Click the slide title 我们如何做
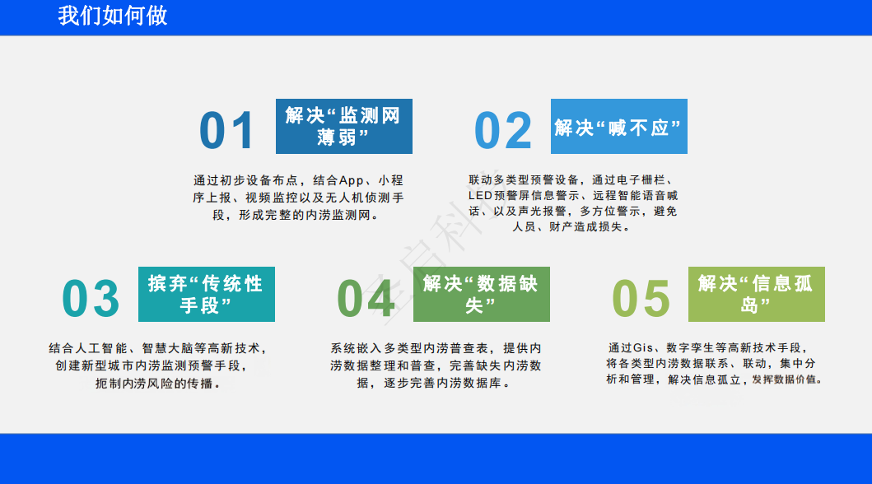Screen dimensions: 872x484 point(112,16)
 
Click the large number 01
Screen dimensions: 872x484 point(226,130)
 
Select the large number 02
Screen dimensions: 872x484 point(503,130)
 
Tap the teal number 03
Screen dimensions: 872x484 point(91,299)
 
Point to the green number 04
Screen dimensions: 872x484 point(366,299)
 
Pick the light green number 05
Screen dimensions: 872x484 point(641,299)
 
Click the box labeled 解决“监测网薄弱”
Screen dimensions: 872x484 point(344,126)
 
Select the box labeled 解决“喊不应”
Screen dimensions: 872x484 point(619,126)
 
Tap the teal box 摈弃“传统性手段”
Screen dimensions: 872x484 point(207,294)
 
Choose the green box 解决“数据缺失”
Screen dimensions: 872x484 point(482,294)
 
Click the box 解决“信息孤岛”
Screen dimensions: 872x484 point(757,294)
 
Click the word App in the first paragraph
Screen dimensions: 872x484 point(352,180)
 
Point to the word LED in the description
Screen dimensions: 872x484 point(481,196)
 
